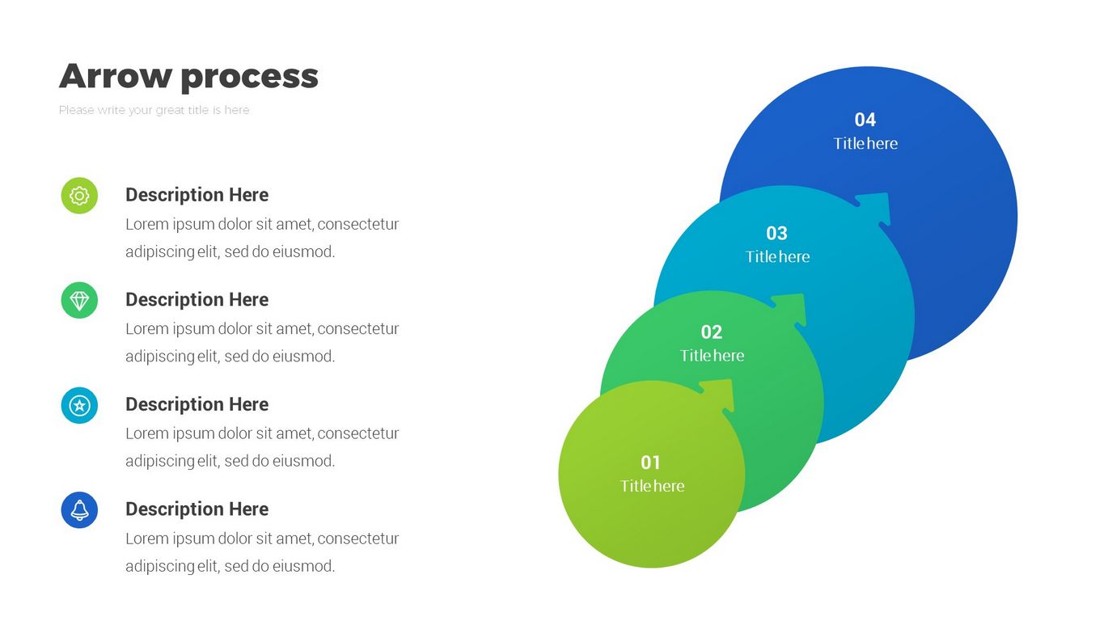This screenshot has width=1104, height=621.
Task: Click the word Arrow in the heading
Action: pos(116,76)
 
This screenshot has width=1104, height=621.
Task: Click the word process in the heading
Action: pos(249,78)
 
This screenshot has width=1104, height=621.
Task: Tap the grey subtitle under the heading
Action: pos(154,110)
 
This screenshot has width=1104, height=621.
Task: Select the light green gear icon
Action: pos(79,196)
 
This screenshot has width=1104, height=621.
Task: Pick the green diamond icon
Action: pos(79,301)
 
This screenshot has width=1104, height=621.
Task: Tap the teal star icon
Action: pos(79,405)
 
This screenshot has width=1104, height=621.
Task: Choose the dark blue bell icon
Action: pos(79,510)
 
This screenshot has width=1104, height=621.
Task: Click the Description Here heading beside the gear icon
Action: pos(197,195)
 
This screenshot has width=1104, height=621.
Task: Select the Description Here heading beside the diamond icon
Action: pos(197,300)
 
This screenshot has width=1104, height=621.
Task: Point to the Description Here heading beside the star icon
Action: pos(197,404)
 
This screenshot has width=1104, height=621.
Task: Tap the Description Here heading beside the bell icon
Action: pos(197,509)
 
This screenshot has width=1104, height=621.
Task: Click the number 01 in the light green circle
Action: pos(651,463)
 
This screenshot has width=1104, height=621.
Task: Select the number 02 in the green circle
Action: pos(711,332)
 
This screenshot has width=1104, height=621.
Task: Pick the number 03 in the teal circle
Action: pos(776,233)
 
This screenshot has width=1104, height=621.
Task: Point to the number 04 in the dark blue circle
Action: pos(865,120)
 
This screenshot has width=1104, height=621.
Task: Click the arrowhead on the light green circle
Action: pos(721,394)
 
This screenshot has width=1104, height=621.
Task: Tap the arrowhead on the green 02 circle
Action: pos(793,308)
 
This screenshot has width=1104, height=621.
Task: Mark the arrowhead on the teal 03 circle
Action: pos(876,207)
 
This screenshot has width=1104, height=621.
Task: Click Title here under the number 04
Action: pos(865,143)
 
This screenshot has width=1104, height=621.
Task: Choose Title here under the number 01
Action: pos(652,486)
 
